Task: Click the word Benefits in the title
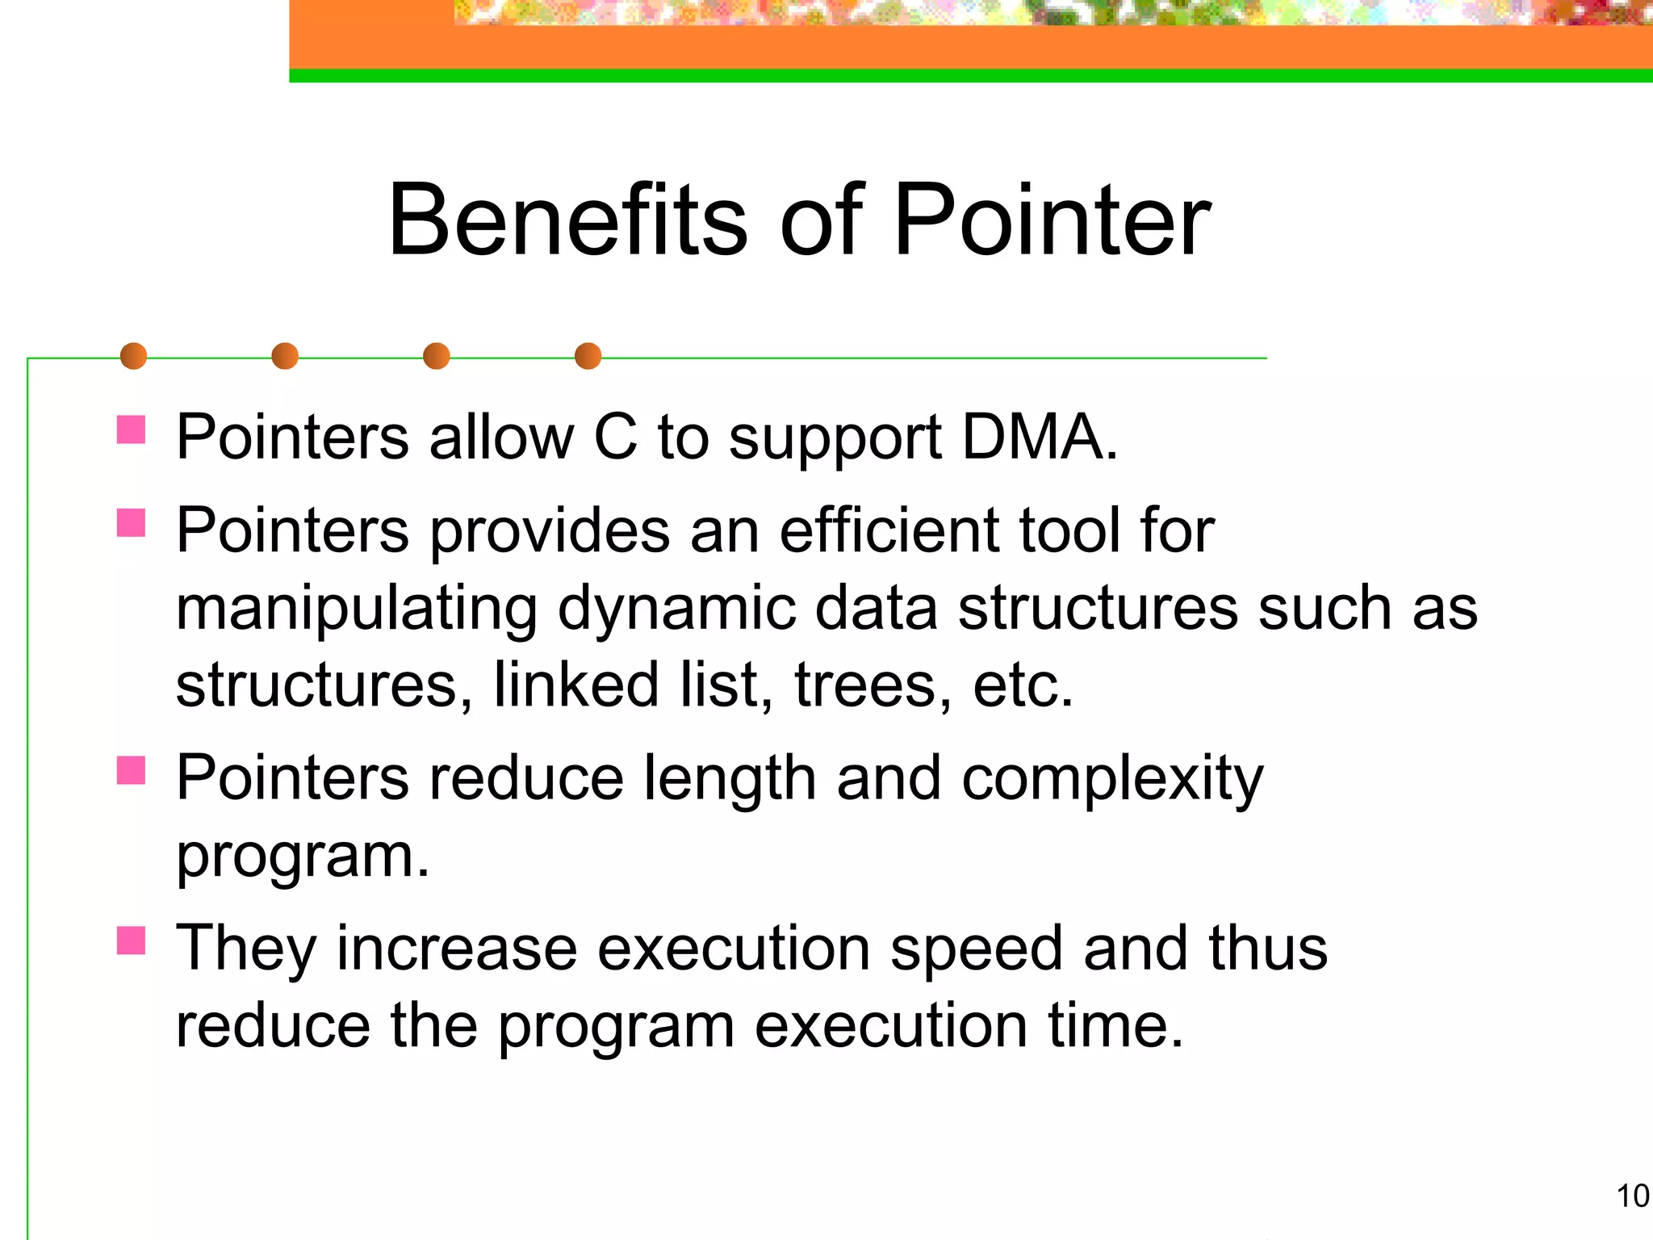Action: click(567, 220)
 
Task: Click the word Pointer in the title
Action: click(1052, 220)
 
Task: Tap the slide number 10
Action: click(1632, 1196)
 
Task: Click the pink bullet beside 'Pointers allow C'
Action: click(131, 429)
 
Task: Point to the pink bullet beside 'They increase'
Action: click(131, 940)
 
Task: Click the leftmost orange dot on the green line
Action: click(133, 356)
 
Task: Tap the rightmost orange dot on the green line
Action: click(588, 356)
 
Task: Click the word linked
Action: click(576, 685)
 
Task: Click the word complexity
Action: click(1111, 780)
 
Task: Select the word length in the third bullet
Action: click(730, 780)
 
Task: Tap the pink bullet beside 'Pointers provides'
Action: click(131, 522)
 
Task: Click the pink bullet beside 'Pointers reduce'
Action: click(131, 770)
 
